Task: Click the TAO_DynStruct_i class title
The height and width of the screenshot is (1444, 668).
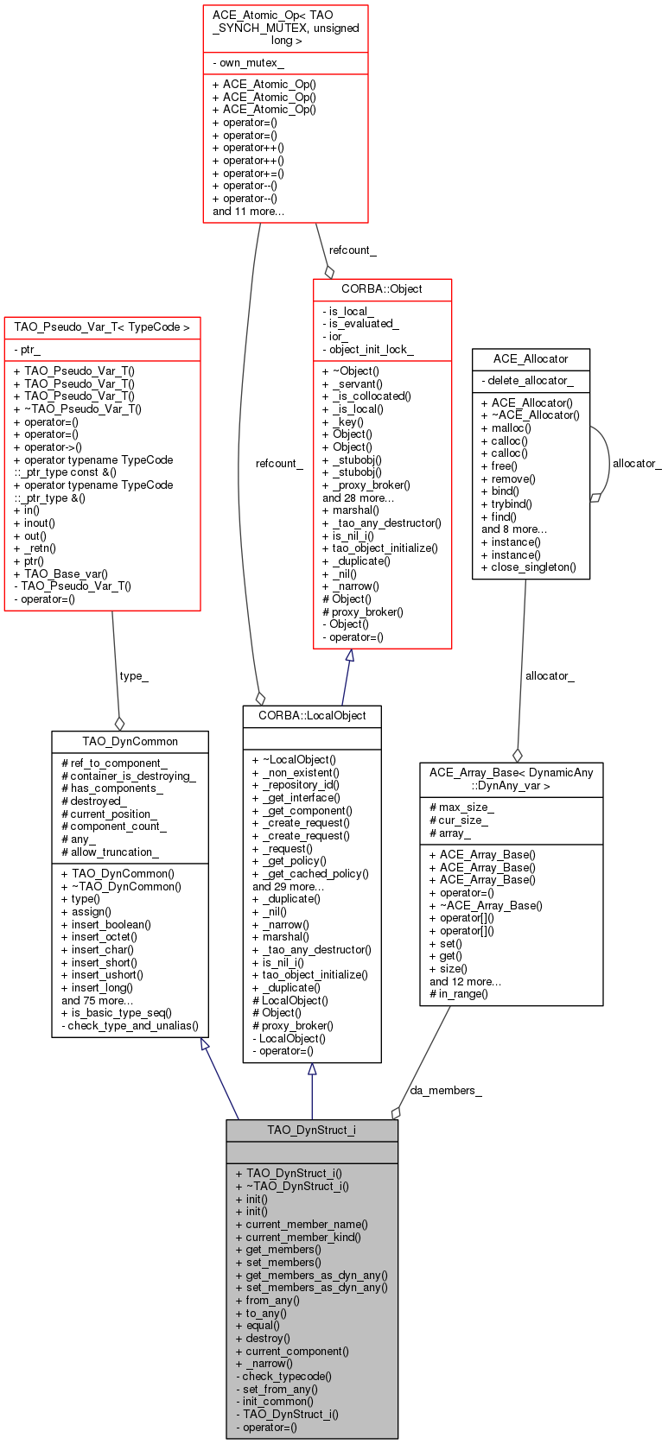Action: tap(311, 1130)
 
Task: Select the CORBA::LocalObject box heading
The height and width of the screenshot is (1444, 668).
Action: tap(312, 716)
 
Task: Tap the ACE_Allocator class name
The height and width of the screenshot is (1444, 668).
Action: tap(531, 358)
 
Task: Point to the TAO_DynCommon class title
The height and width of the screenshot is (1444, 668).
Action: tap(130, 741)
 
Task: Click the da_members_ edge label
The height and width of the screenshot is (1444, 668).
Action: tap(446, 1090)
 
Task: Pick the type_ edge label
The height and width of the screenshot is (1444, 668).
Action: tap(134, 675)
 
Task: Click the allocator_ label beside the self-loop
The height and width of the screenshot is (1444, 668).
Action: tap(637, 463)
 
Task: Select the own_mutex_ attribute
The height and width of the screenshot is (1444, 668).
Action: tap(248, 62)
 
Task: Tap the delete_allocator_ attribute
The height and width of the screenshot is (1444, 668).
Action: tap(527, 380)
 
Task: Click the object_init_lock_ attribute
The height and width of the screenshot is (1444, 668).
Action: tap(367, 350)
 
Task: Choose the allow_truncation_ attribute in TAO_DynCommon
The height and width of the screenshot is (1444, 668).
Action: tap(110, 852)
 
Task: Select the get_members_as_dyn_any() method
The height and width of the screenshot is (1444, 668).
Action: tap(312, 1275)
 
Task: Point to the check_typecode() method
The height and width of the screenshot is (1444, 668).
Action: tap(283, 1376)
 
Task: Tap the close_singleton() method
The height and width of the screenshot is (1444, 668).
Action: tap(529, 567)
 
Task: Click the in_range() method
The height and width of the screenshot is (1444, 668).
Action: tap(459, 993)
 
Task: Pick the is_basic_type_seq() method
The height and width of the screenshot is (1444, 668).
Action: tap(116, 1013)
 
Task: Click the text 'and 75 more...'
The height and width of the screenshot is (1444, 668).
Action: tap(98, 1000)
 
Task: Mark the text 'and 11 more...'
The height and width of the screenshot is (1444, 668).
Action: tap(248, 211)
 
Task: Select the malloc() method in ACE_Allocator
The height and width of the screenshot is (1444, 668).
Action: tap(506, 428)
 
